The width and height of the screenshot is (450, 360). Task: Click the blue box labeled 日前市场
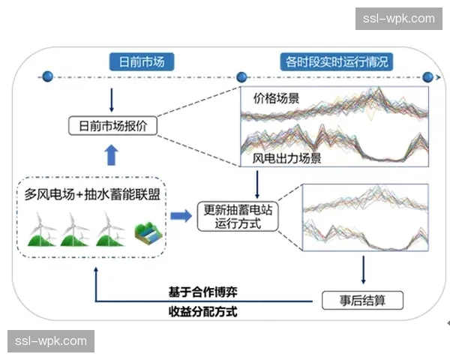[136, 61]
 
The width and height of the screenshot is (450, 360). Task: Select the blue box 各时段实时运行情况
[335, 61]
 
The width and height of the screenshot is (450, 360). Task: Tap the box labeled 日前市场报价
[112, 126]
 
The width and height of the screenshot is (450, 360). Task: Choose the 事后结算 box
[363, 300]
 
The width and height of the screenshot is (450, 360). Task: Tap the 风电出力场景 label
[282, 158]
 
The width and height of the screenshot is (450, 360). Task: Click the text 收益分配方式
[203, 311]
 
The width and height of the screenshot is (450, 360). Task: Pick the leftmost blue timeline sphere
[47, 76]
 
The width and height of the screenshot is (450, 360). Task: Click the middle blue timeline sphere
[241, 76]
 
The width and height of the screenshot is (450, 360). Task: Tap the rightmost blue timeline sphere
[428, 76]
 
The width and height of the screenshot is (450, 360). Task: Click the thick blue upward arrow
[112, 155]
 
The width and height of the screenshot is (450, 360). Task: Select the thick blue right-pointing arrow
[180, 216]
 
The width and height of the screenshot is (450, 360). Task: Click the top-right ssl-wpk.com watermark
[398, 19]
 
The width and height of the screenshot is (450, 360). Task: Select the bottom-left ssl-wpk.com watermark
[50, 342]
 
